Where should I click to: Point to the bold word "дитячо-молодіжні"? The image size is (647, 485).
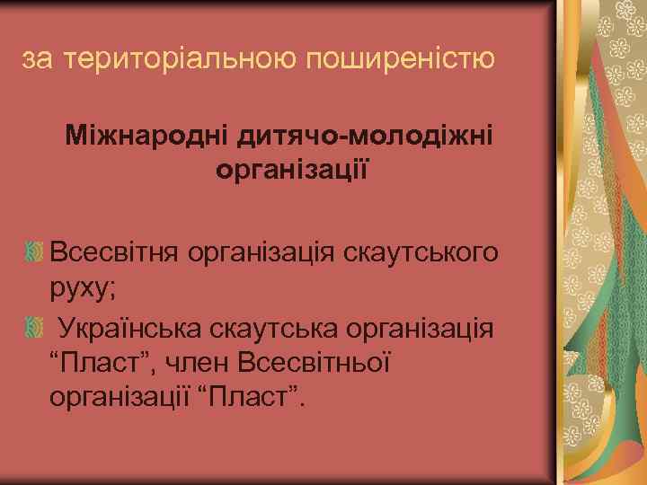(363, 137)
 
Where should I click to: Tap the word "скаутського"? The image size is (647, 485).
(422, 252)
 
